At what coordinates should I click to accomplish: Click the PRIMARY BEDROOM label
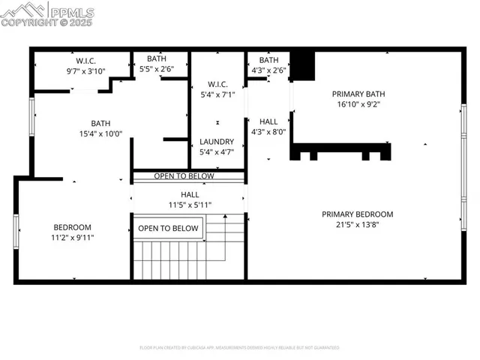tap(357, 214)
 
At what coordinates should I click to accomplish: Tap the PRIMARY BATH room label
tap(358, 94)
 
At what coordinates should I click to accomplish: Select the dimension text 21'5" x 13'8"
tap(357, 225)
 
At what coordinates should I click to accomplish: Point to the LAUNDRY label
tap(217, 141)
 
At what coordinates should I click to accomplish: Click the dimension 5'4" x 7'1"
tap(217, 94)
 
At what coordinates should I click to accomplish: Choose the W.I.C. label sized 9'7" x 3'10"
tap(86, 60)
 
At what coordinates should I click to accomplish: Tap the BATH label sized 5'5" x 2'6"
tap(157, 58)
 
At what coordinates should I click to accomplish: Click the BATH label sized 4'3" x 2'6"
tap(268, 60)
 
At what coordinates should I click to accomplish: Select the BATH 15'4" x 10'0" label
tap(101, 123)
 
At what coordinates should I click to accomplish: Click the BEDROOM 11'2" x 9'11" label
tap(72, 227)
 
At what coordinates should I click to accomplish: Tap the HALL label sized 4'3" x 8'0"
tap(268, 121)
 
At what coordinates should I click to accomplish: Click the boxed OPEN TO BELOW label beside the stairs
tap(169, 228)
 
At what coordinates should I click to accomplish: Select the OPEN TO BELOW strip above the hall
tap(184, 176)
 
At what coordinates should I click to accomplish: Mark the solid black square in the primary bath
tap(302, 64)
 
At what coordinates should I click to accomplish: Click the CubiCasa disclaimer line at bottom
tap(239, 347)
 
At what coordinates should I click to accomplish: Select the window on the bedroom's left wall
tap(16, 231)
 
